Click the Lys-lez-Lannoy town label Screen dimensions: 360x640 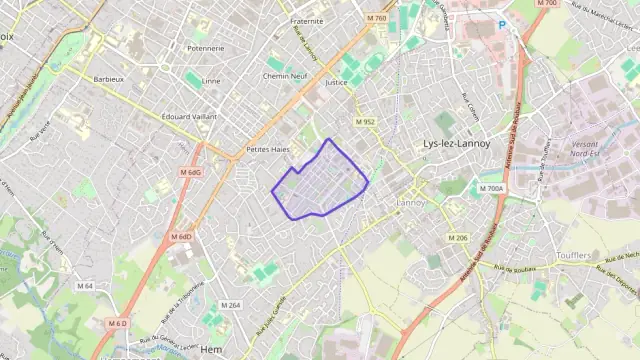456,143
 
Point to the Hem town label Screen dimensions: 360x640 211,349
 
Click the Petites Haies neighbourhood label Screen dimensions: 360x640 267,149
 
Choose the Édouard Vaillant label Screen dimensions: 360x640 189,116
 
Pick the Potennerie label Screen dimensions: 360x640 205,48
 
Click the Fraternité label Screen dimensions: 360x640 307,20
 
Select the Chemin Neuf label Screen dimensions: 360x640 285,76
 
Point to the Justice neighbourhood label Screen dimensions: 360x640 336,83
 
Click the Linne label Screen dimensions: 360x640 211,81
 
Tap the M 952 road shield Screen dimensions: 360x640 365,122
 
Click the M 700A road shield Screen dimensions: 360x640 491,188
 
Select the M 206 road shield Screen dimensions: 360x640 458,237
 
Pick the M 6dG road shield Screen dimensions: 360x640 190,172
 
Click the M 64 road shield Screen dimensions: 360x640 84,286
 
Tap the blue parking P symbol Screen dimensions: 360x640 502,24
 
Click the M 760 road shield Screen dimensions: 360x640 376,18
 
